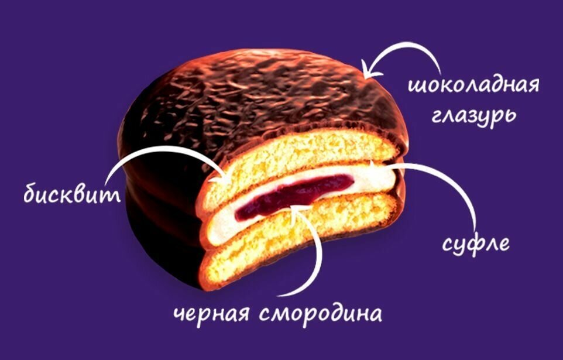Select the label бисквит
pyautogui.click(x=72, y=195)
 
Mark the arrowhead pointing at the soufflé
pyautogui.click(x=391, y=167)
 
